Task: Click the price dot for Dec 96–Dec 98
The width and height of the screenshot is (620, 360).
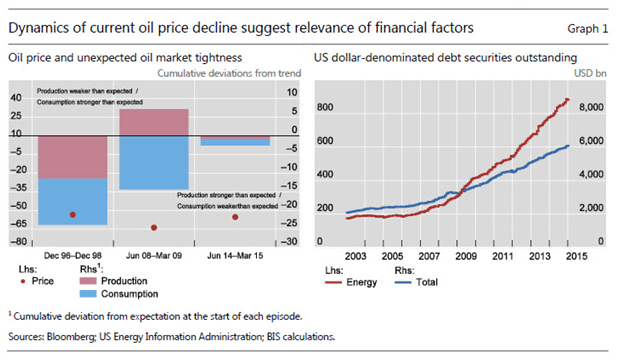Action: pos(72,215)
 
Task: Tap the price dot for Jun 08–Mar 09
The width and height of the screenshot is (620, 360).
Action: pos(153,227)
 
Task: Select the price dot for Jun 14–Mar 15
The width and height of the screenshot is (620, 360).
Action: pos(235,217)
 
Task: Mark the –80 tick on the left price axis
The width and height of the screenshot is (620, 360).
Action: pos(17,242)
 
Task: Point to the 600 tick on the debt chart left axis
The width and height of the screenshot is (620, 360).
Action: pos(326,139)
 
